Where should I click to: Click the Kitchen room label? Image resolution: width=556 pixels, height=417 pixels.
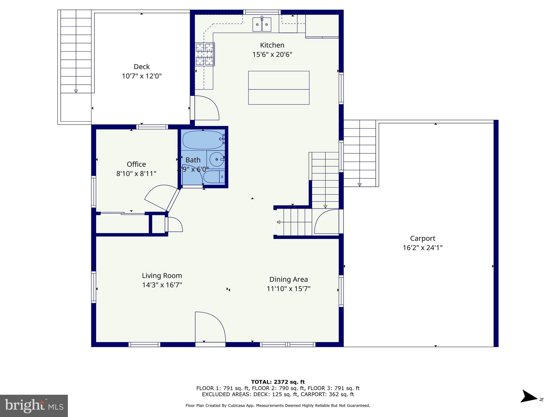click(272, 45)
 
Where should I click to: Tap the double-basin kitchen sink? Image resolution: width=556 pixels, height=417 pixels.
click(262, 24)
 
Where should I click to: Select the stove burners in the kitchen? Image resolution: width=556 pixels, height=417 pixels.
click(205, 54)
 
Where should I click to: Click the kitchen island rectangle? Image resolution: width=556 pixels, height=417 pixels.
click(279, 88)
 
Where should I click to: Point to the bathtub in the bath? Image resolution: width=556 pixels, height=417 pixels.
click(203, 140)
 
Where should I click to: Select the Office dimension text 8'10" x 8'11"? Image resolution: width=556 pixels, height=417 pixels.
click(136, 173)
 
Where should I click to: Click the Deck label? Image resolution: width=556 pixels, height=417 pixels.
click(142, 67)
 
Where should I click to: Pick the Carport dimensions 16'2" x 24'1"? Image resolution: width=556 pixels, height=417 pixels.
click(422, 248)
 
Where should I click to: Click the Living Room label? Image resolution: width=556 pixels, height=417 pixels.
click(162, 276)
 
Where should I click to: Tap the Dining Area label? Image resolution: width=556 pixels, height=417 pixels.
click(288, 279)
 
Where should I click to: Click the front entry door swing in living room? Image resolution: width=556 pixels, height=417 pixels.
click(210, 327)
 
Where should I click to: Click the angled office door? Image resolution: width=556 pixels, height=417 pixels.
click(173, 200)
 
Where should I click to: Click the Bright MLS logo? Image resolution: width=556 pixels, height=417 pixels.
click(34, 406)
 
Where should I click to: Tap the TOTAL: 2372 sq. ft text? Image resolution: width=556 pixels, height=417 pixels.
click(278, 382)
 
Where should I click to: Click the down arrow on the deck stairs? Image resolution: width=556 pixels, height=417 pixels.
click(76, 91)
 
